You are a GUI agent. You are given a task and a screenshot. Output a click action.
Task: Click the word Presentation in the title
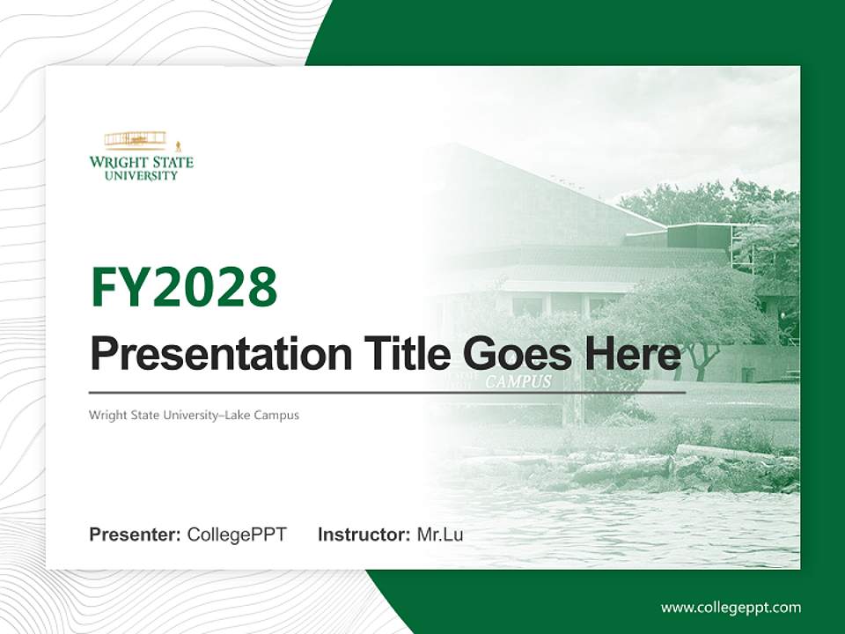[x=216, y=355]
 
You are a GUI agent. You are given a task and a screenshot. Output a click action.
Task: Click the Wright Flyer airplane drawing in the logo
[x=136, y=140]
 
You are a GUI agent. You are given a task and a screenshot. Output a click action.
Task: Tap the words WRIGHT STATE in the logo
[x=141, y=162]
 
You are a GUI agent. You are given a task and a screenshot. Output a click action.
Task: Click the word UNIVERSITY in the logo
[x=141, y=175]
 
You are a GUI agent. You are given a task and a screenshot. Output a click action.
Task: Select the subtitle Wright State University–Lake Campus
[x=194, y=415]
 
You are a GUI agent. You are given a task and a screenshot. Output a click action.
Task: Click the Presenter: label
[x=136, y=534]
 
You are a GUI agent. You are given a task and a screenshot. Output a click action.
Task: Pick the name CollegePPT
[x=237, y=534]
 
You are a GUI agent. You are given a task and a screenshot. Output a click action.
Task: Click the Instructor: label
[x=364, y=534]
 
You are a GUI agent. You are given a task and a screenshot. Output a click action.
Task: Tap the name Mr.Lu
[x=440, y=534]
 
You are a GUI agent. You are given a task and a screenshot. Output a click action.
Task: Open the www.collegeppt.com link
[x=731, y=608]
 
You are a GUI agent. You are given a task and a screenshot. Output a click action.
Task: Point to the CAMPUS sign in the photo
[x=518, y=382]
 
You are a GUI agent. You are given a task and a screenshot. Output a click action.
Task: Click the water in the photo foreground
[x=634, y=528]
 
